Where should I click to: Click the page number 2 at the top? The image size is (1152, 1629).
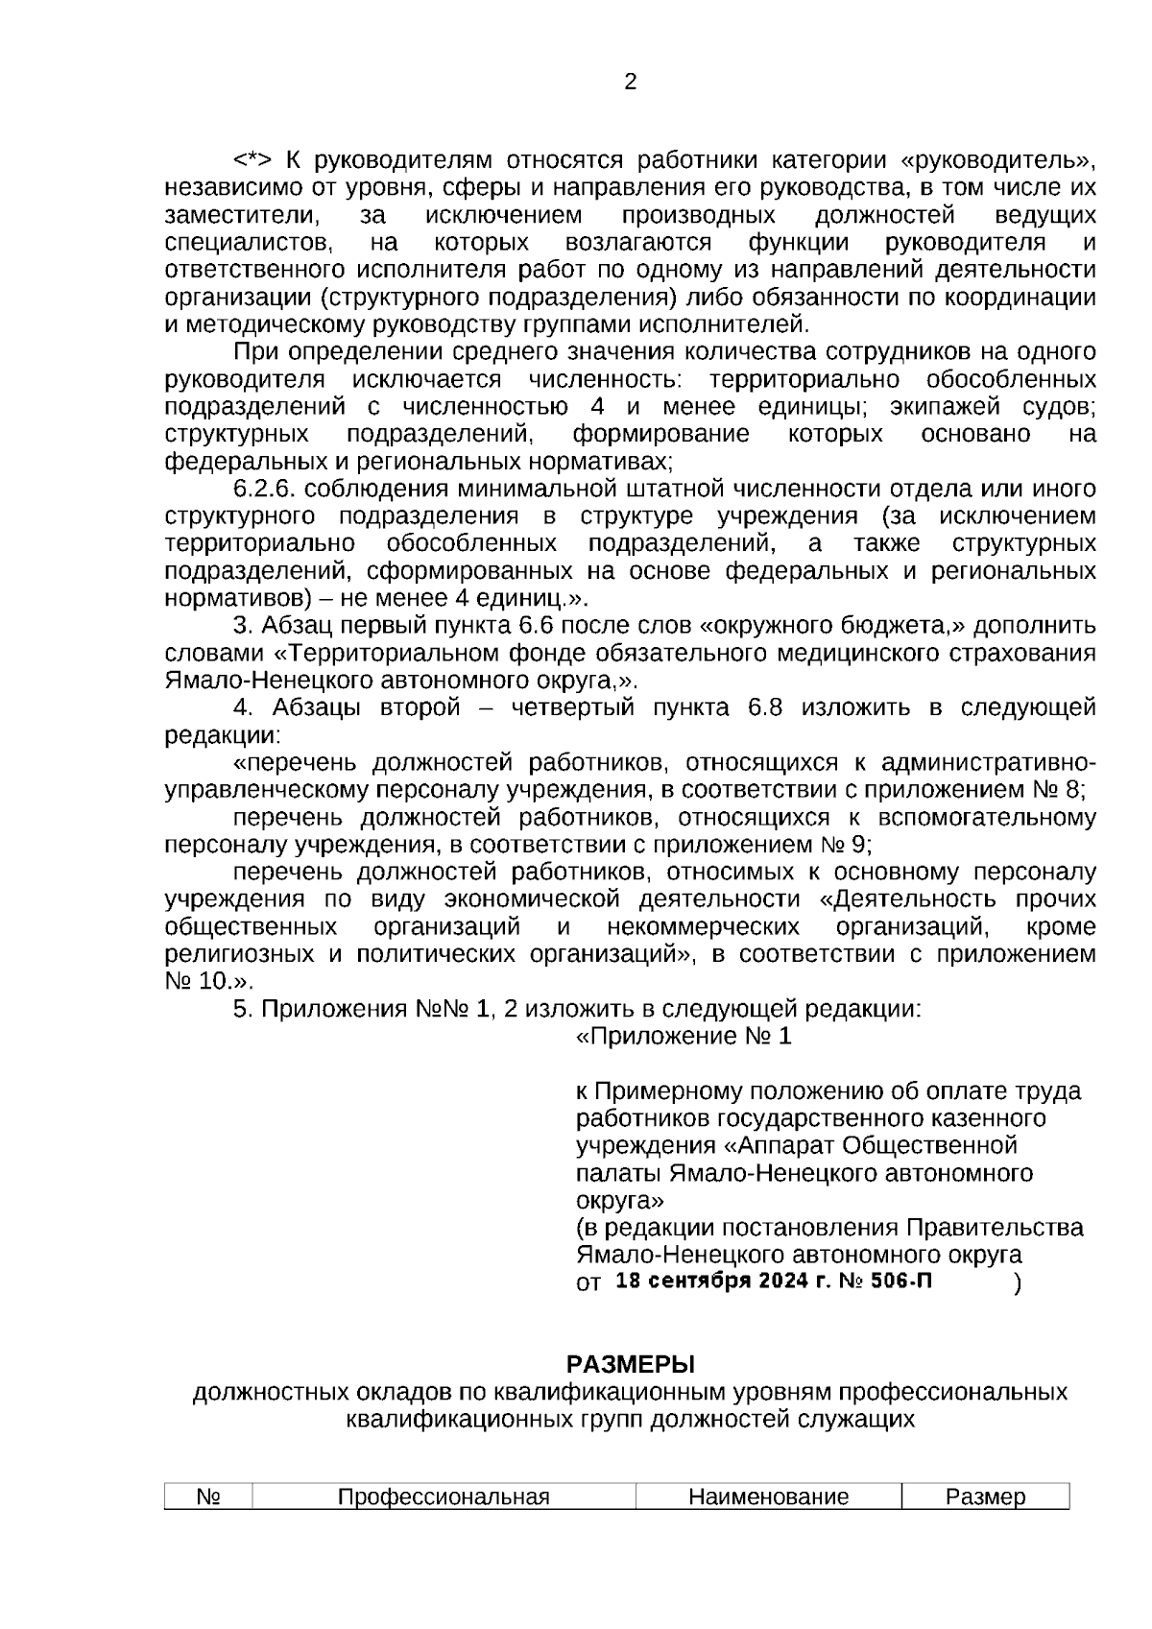[630, 83]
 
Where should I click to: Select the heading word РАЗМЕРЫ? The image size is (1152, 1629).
[630, 1364]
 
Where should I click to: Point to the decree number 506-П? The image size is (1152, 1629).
[901, 1282]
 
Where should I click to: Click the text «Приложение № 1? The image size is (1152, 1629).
[684, 1037]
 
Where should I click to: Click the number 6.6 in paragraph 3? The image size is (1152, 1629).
[574, 626]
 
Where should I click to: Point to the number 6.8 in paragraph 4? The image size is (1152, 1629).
[764, 707]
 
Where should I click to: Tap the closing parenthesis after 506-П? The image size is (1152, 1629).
[1017, 1283]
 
